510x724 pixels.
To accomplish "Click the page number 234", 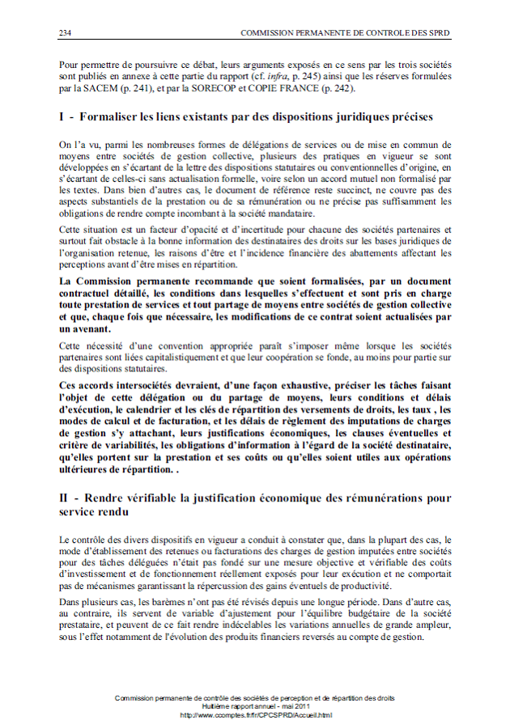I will tap(66, 32).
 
